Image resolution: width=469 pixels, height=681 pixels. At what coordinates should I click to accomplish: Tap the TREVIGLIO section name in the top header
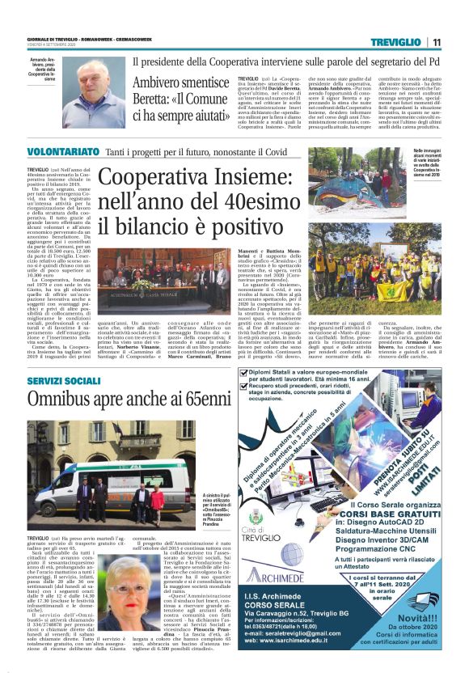[397, 41]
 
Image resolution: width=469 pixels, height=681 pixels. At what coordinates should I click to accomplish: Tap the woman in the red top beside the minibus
[156, 500]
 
